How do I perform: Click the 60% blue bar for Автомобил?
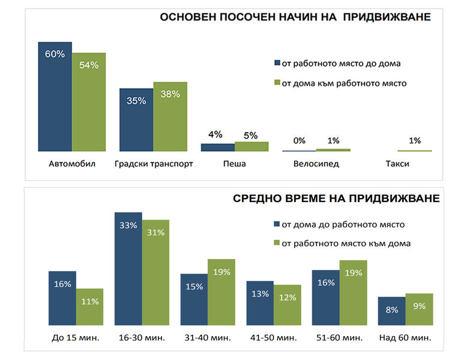coord(55,96)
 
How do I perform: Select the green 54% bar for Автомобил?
coord(88,102)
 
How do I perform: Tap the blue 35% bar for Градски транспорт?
coord(136,120)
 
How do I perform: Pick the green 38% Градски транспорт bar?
coord(170,116)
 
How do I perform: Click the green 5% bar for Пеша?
coord(252,146)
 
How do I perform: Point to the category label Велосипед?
coord(316,164)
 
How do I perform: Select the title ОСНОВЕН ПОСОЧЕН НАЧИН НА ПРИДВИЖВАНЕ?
coord(295,17)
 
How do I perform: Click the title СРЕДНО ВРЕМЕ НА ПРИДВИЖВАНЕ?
coord(336,199)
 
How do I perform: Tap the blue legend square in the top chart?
coord(277,63)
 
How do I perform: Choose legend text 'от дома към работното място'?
coord(344,83)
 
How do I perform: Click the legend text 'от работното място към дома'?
coord(346,243)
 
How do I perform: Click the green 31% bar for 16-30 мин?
coord(156,272)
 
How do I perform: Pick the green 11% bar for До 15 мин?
coord(89,307)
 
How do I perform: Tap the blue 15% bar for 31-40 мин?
coord(194,300)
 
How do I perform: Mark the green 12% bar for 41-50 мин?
coord(287,305)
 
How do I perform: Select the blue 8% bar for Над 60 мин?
coord(391,311)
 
